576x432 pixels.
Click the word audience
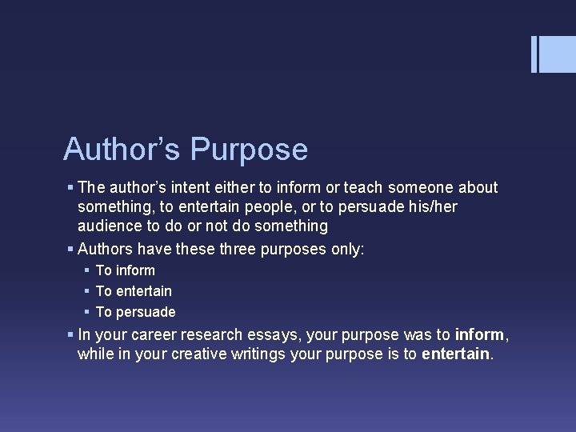[110, 226]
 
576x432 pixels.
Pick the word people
[258, 206]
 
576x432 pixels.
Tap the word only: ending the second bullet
[347, 249]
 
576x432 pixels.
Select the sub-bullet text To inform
[125, 270]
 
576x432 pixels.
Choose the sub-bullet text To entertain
[134, 291]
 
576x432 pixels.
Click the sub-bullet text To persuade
[135, 312]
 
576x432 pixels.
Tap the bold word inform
[480, 334]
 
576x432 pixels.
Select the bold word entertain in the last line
[456, 354]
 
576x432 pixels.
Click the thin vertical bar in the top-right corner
[534, 54]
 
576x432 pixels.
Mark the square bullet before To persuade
[85, 311]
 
